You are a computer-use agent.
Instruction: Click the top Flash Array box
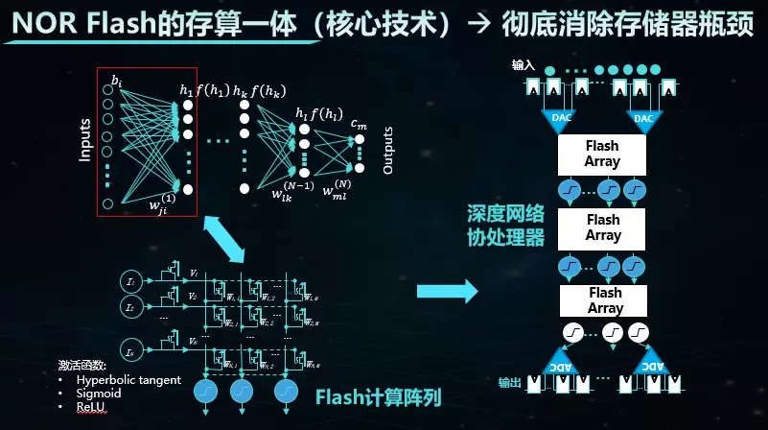[602, 154]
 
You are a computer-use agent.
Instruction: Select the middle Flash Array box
[602, 227]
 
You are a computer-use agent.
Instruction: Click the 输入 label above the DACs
[524, 65]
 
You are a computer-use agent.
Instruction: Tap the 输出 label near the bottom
[510, 383]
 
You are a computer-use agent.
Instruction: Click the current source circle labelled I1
[131, 280]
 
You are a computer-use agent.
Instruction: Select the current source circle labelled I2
[131, 307]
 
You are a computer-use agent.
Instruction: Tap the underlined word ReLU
[93, 407]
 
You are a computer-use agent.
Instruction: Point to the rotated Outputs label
[388, 150]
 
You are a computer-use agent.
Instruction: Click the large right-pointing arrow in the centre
[450, 290]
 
